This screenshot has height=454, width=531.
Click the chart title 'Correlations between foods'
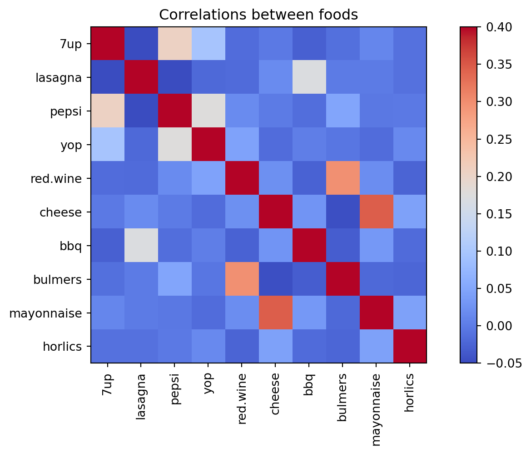point(258,15)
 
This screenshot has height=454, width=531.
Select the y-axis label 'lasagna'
point(59,78)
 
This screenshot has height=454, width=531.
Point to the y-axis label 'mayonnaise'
point(45,313)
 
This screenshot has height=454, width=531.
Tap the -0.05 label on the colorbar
point(502,363)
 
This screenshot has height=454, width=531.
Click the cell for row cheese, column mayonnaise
point(376,212)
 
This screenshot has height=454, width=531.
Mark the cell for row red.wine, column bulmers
point(342,178)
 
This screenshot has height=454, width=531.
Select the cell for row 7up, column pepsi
point(175,44)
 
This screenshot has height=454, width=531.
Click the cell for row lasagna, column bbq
point(309,77)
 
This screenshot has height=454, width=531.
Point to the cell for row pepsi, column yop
point(208,111)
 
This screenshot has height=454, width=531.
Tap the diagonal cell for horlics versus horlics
point(410,347)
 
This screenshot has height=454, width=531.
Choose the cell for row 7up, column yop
point(208,44)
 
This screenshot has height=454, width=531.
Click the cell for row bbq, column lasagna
point(141,246)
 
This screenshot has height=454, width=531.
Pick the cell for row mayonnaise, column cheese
point(275,313)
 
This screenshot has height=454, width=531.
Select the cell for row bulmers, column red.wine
point(242,279)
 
